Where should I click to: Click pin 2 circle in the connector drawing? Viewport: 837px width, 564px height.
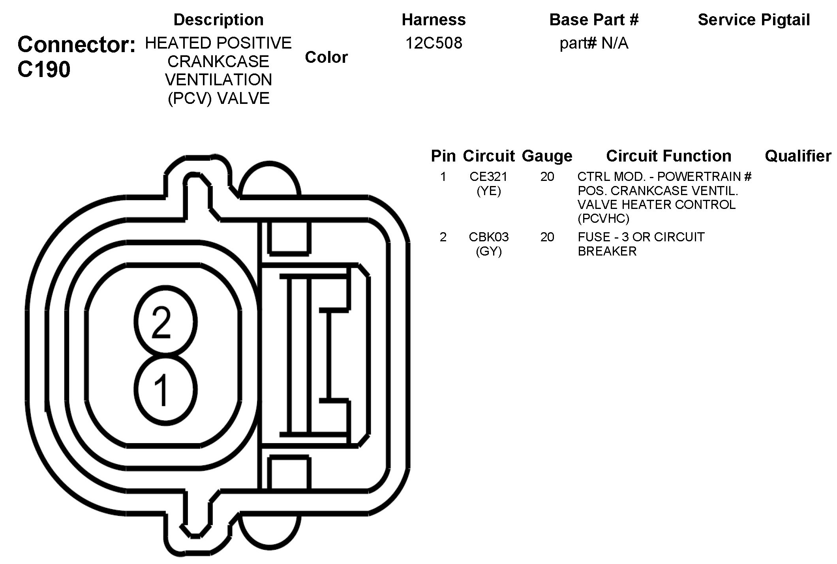165,321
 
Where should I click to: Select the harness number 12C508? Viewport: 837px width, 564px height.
434,43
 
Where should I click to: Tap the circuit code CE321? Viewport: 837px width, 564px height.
488,177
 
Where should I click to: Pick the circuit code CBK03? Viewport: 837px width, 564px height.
489,237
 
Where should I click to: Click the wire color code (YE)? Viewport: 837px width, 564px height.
489,191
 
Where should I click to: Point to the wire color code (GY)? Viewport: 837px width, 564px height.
489,252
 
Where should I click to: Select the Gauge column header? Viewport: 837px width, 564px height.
547,156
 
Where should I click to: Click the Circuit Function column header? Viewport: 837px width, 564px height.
668,156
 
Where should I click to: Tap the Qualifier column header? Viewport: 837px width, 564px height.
798,156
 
